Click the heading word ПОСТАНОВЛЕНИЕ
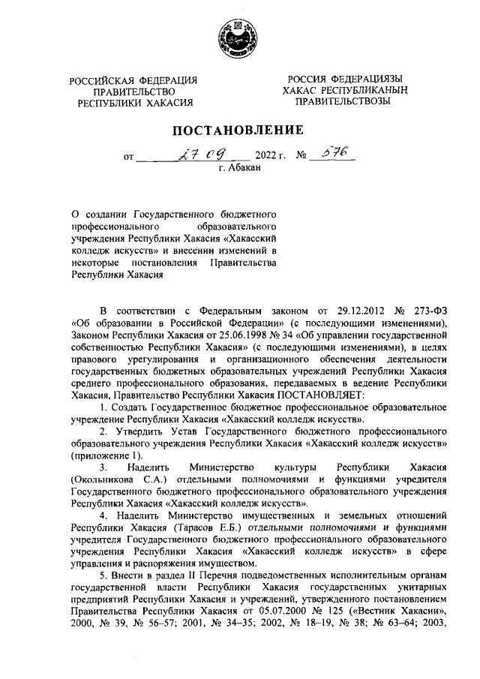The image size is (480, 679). pos(239,130)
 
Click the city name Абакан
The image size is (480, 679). pos(244,170)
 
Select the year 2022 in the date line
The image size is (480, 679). pos(267,158)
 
